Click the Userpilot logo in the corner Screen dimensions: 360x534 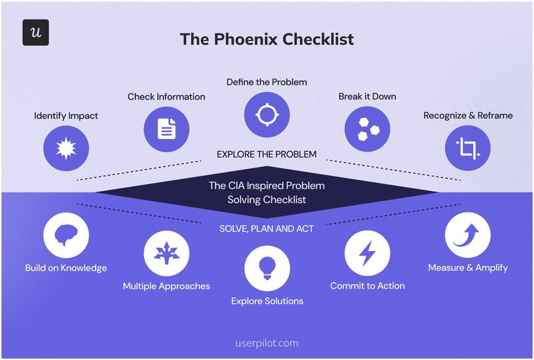point(35,32)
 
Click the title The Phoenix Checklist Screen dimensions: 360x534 point(266,39)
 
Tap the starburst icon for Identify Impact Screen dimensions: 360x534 point(66,148)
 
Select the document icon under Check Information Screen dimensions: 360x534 point(167,128)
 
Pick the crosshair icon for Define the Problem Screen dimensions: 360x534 point(267,114)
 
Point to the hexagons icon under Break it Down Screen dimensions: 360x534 point(367,128)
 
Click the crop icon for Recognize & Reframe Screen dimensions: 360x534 point(467,148)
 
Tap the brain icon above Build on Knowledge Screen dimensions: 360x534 point(66,235)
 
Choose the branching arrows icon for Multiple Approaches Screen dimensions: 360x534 point(166,254)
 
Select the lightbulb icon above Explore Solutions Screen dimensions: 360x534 point(267,268)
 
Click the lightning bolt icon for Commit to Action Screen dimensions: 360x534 point(367,254)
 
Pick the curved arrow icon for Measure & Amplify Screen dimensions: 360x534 point(467,235)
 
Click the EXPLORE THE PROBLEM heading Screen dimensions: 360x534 point(267,154)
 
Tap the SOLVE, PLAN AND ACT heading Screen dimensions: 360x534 point(267,228)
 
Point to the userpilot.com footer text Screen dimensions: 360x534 point(267,343)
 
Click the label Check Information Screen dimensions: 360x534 point(167,97)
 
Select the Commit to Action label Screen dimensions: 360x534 point(367,286)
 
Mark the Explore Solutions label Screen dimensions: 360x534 point(267,301)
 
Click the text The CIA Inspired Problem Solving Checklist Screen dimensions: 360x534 point(267,192)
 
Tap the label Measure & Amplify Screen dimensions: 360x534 point(468,268)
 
